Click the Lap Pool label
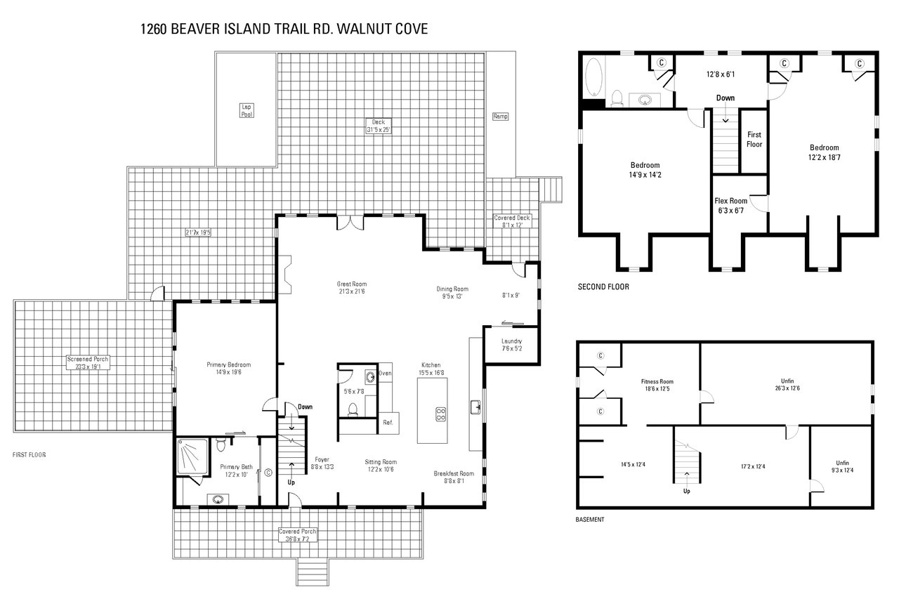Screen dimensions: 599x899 click(247, 110)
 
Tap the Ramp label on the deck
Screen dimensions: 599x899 click(500, 117)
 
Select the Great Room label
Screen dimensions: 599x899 click(352, 288)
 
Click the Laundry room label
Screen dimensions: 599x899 click(511, 345)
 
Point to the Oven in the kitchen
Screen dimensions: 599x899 click(385, 373)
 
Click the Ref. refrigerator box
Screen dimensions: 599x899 click(387, 423)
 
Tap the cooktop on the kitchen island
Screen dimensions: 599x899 click(441, 414)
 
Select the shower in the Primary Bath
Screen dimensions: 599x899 click(192, 457)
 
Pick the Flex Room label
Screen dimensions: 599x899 click(730, 205)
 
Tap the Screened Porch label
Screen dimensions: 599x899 click(88, 362)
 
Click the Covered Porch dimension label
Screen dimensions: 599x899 click(298, 536)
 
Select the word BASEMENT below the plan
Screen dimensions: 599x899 click(589, 520)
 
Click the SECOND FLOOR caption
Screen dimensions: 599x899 click(603, 287)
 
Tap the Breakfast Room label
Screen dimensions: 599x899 click(454, 478)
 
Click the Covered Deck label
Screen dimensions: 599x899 click(512, 221)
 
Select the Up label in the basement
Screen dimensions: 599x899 click(686, 491)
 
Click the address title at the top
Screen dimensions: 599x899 click(284, 29)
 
